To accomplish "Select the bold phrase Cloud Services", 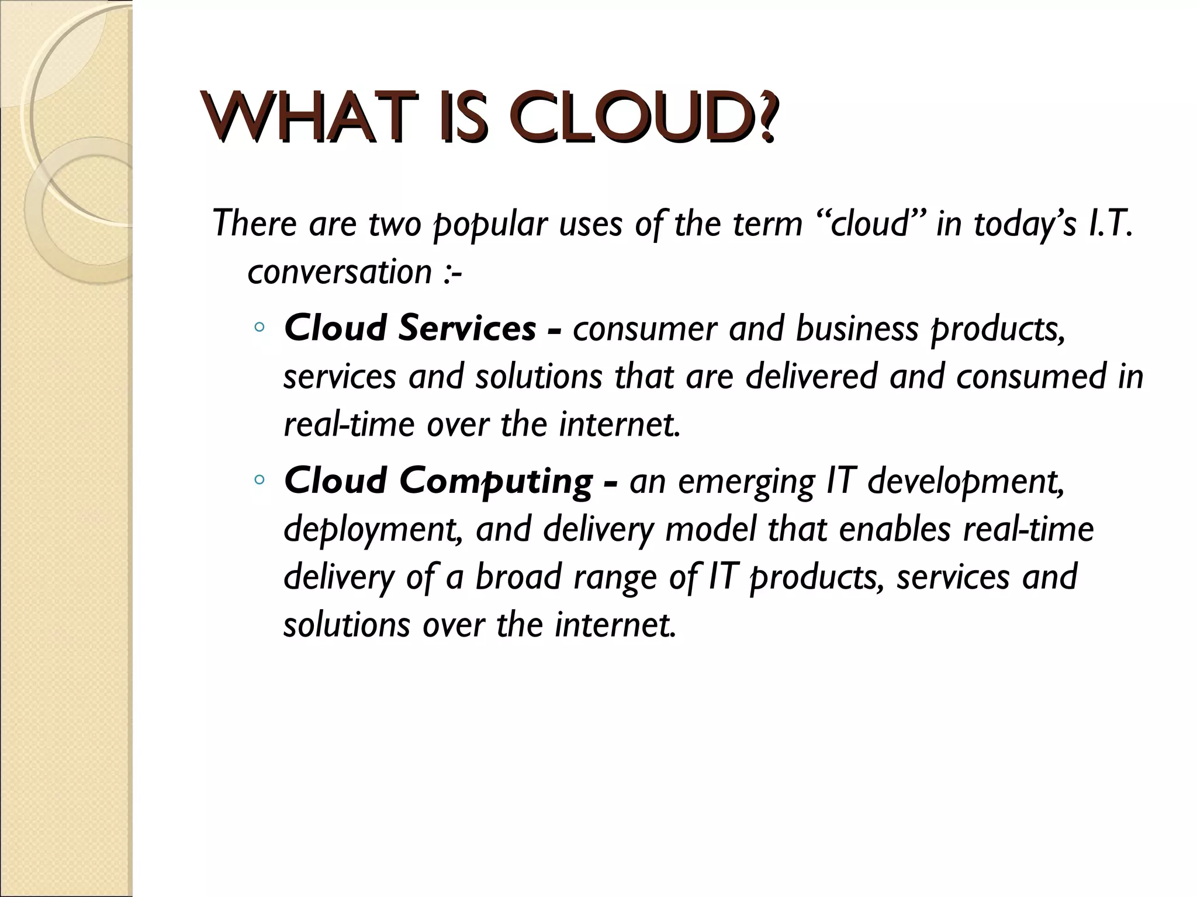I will pyautogui.click(x=409, y=328).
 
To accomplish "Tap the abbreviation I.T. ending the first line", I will pyautogui.click(x=1110, y=224).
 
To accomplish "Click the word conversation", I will pyautogui.click(x=340, y=272).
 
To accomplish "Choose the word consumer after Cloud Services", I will pyautogui.click(x=645, y=329).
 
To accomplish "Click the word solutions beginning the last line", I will pyautogui.click(x=347, y=625).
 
